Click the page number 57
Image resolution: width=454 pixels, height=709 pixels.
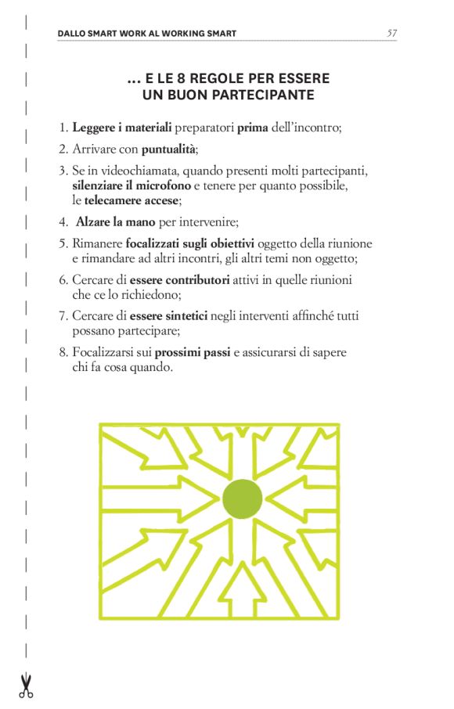(x=391, y=33)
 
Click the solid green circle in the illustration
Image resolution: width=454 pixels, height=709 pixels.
(x=243, y=498)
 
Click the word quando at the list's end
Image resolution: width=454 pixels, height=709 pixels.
(x=154, y=368)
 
